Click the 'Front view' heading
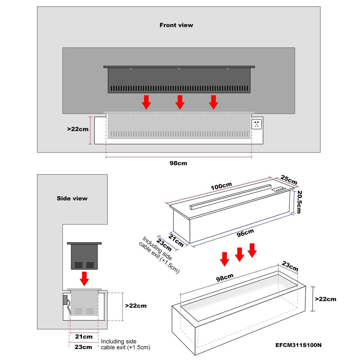point(176,25)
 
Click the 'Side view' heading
point(72,198)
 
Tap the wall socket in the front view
point(257,125)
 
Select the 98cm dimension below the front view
point(178,163)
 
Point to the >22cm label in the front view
point(78,129)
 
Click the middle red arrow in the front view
point(180,102)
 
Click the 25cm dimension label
point(289,180)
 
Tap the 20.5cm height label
point(299,201)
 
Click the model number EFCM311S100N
point(298,345)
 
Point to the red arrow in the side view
point(85,279)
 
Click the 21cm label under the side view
point(84,337)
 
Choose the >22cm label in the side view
point(136,306)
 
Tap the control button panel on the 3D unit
point(279,190)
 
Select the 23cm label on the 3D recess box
point(290,267)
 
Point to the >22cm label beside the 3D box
point(325,299)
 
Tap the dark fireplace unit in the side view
point(84,256)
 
